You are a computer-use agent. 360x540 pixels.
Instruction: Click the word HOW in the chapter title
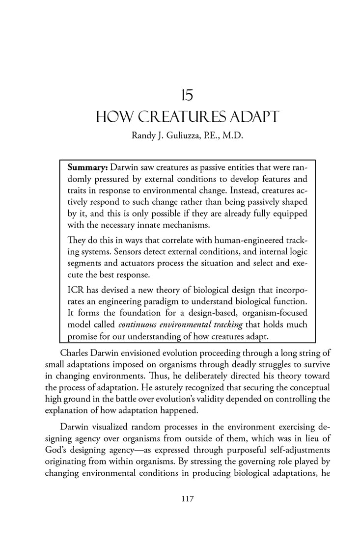click(x=111, y=117)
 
